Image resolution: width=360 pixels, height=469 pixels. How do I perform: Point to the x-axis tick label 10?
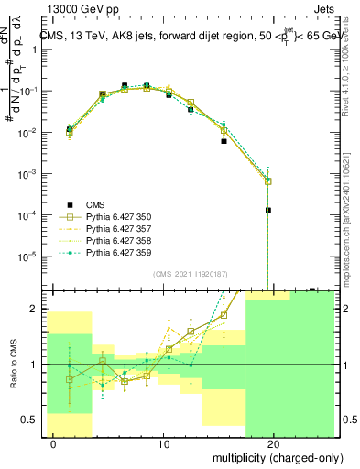(x=164, y=444)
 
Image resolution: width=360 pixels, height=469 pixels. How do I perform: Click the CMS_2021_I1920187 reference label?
(x=190, y=273)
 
